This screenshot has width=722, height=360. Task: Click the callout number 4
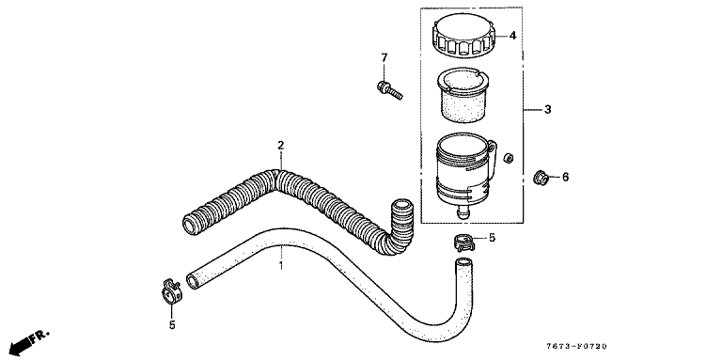click(513, 36)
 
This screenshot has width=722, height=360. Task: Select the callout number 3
click(547, 110)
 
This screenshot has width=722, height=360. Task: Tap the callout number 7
click(385, 57)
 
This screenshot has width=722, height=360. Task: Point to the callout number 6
click(565, 177)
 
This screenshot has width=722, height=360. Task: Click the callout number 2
click(280, 146)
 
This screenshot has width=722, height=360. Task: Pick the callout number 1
click(281, 265)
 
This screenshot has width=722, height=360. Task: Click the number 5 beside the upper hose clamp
click(492, 238)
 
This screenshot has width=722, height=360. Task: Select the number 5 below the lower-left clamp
click(172, 325)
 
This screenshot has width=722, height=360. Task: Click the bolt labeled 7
click(389, 89)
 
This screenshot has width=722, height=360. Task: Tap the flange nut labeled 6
click(541, 178)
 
